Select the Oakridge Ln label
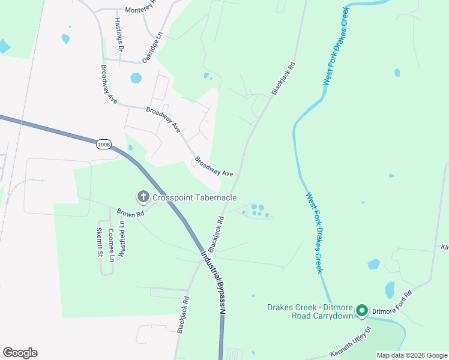pos(152,48)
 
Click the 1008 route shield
pos(103,145)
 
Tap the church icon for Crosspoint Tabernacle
pos(143,197)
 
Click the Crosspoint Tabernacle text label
pos(194,197)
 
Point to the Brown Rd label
pos(130,212)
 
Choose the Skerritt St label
pos(100,242)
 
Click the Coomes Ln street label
pos(110,245)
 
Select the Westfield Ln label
pos(121,239)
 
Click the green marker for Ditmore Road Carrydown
pos(361,310)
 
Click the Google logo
pos(20,353)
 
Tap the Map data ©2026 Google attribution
pos(411,355)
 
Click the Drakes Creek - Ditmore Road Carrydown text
pos(310,311)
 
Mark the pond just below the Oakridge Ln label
pos(136,78)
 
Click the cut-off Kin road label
pos(445,247)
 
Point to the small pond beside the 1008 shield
pos(130,148)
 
